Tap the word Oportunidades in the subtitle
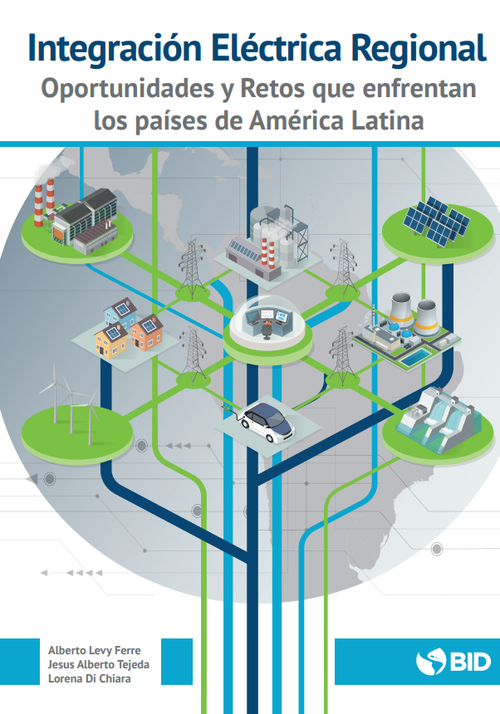[122, 89]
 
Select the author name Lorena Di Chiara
[90, 678]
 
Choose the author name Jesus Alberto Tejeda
[98, 663]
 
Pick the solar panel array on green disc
[436, 219]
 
